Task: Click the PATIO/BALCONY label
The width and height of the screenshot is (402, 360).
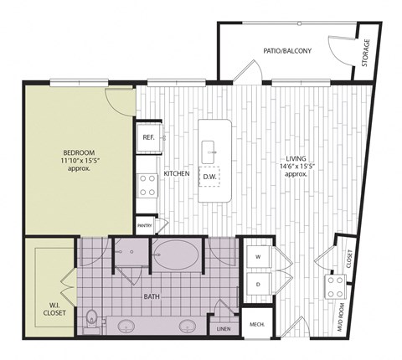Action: (x=287, y=51)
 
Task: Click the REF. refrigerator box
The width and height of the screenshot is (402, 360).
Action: (x=149, y=137)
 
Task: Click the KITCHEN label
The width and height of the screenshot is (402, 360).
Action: (x=177, y=174)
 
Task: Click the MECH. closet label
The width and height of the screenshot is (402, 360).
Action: (x=255, y=324)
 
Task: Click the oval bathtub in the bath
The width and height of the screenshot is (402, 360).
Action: (x=178, y=254)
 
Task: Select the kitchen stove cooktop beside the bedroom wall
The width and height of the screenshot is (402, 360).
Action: (x=148, y=183)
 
